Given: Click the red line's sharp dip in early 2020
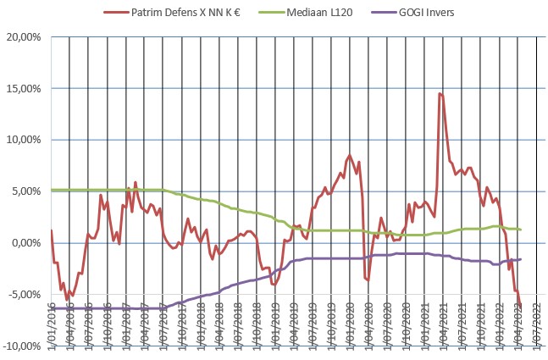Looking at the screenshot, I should point(368,280).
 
